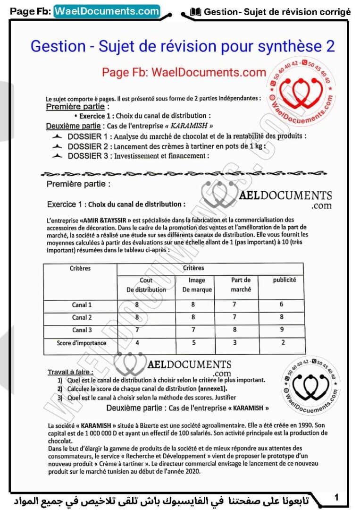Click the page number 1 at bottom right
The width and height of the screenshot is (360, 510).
coord(336,497)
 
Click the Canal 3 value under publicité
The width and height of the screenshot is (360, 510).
coord(282,330)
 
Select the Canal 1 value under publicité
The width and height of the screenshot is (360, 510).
coord(282,305)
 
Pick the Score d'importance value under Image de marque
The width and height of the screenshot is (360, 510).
coord(193,343)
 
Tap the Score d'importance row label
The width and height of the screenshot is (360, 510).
coord(81,343)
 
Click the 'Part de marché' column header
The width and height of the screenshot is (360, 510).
coord(241,285)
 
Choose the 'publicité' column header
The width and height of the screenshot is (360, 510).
coord(285,280)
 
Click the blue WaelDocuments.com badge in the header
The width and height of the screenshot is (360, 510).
coord(107,11)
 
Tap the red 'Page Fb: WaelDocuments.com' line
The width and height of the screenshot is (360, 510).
coord(184,72)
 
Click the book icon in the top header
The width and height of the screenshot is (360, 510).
coord(195,12)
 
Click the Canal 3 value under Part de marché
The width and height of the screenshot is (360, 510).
coord(234,330)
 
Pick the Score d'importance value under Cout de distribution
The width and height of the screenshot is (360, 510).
coord(137,343)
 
